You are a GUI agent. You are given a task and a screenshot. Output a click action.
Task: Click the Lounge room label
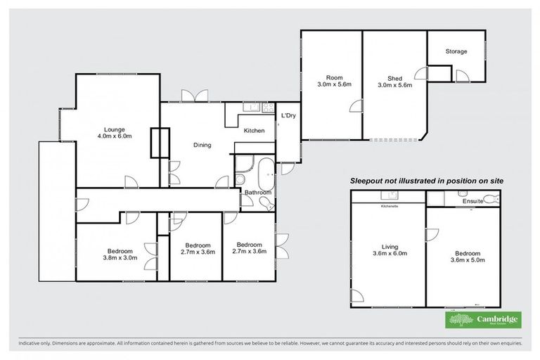click(x=115, y=129)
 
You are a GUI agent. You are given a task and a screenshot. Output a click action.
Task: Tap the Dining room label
click(x=202, y=146)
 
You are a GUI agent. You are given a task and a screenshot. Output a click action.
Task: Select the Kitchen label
click(x=254, y=131)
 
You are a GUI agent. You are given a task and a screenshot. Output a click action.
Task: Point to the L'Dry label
click(x=288, y=115)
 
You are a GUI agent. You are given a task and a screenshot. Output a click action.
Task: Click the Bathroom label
click(x=258, y=191)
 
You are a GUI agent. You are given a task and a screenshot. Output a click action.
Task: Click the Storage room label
click(x=456, y=51)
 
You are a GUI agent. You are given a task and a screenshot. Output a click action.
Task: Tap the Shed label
click(x=394, y=79)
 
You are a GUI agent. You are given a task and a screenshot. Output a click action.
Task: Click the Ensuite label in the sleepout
click(x=472, y=202)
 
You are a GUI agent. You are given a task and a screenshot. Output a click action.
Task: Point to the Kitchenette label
click(x=389, y=206)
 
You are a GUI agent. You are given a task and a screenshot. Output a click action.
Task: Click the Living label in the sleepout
click(x=389, y=247)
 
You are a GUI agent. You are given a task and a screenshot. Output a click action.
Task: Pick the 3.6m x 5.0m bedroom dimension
click(x=467, y=260)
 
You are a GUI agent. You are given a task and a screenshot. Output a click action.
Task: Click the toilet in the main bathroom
click(x=269, y=202)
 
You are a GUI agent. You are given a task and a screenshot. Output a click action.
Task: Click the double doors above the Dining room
click(x=190, y=96)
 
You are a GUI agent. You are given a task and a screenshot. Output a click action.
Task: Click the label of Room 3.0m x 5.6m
click(x=334, y=81)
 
